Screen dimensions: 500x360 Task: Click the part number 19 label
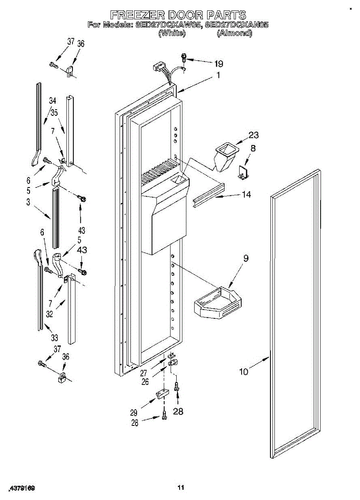tap(218, 64)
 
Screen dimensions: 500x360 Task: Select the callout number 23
tap(253, 135)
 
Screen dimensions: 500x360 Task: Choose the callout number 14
tap(247, 194)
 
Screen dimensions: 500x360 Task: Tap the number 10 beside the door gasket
tap(243, 372)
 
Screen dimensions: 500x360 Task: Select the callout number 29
tap(133, 412)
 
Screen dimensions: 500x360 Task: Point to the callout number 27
tap(143, 373)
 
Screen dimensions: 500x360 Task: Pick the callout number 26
tap(145, 381)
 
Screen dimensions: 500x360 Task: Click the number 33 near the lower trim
tap(55, 337)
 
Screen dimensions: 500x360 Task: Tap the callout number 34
tap(52, 100)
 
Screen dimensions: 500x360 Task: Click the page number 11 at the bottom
tap(180, 487)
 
